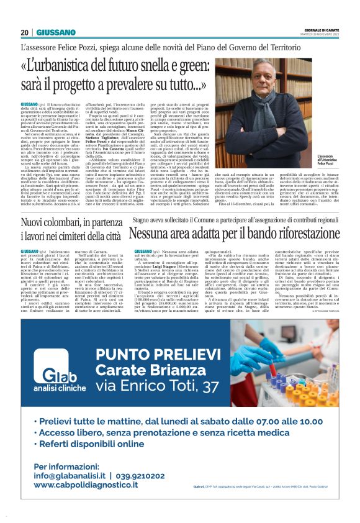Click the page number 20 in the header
(x=25, y=32)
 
